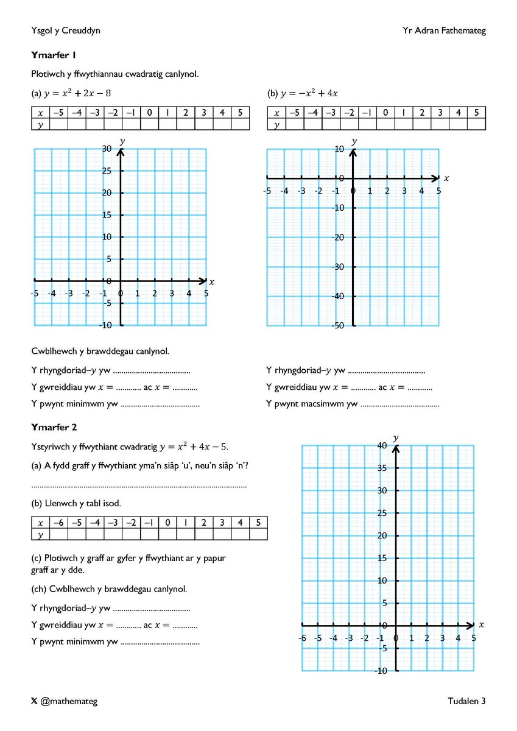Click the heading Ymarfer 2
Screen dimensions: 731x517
coord(54,428)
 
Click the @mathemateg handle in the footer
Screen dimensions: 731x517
coord(68,701)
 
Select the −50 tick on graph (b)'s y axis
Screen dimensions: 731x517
coord(337,326)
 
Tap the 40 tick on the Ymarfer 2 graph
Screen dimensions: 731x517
coord(382,446)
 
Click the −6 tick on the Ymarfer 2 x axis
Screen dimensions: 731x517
coord(302,638)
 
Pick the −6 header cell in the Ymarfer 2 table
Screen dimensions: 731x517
coord(58,523)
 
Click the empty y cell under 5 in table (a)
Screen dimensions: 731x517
coord(240,124)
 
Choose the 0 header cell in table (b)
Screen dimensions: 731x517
coord(385,113)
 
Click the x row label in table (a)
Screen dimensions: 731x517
coord(40,113)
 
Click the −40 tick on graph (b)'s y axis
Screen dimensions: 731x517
coord(337,296)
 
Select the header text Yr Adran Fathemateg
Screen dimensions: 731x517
coord(444,30)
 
